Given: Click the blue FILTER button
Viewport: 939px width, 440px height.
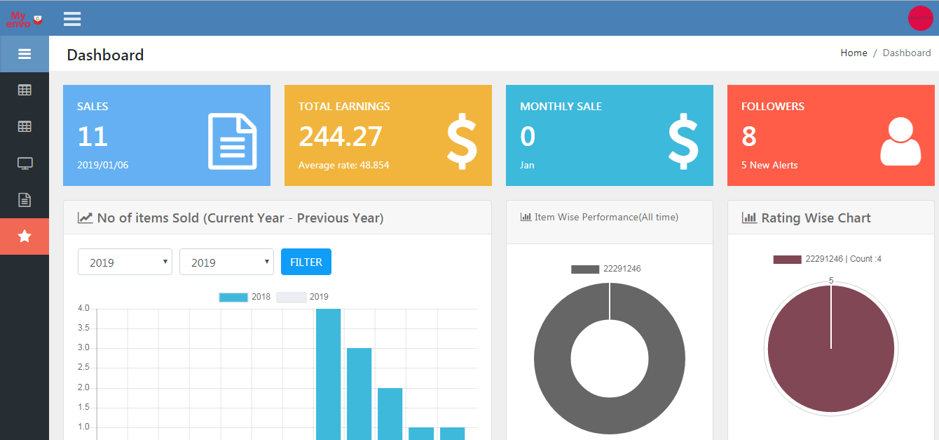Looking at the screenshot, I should pyautogui.click(x=306, y=262).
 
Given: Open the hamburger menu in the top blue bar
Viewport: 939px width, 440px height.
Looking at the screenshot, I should pyautogui.click(x=72, y=18).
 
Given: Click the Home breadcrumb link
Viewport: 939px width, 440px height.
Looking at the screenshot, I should pyautogui.click(x=854, y=53).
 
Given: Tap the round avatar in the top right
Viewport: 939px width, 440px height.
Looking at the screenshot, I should pyautogui.click(x=920, y=18).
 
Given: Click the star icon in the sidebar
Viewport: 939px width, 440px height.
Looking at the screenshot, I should pyautogui.click(x=25, y=236).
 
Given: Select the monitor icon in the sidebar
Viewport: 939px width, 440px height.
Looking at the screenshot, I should pyautogui.click(x=25, y=164).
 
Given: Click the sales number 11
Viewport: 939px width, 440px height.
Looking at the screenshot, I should pyautogui.click(x=92, y=136).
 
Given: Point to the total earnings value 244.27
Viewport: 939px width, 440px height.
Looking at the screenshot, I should pyautogui.click(x=341, y=136).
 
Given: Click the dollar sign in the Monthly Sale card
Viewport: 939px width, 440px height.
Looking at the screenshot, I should pyautogui.click(x=683, y=142).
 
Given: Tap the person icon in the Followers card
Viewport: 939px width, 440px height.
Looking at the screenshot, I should pyautogui.click(x=900, y=142).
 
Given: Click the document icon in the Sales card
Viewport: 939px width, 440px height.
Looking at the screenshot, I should pyautogui.click(x=232, y=142).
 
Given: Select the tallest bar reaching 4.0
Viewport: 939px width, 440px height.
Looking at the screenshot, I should pyautogui.click(x=328, y=372).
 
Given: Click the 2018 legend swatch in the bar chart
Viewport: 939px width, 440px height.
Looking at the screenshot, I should pyautogui.click(x=233, y=297).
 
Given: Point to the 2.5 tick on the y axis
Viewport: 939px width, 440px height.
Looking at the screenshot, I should pyautogui.click(x=83, y=368).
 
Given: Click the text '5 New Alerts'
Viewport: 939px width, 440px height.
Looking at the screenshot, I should pyautogui.click(x=769, y=165).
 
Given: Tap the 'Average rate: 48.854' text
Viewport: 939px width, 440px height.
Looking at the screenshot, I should pyautogui.click(x=343, y=165).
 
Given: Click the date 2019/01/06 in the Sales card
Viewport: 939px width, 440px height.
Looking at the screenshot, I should pyautogui.click(x=103, y=165).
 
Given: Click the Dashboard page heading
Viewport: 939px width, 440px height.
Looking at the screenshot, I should pyautogui.click(x=105, y=55).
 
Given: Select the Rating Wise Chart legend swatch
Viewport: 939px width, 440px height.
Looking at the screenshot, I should pyautogui.click(x=787, y=259).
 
